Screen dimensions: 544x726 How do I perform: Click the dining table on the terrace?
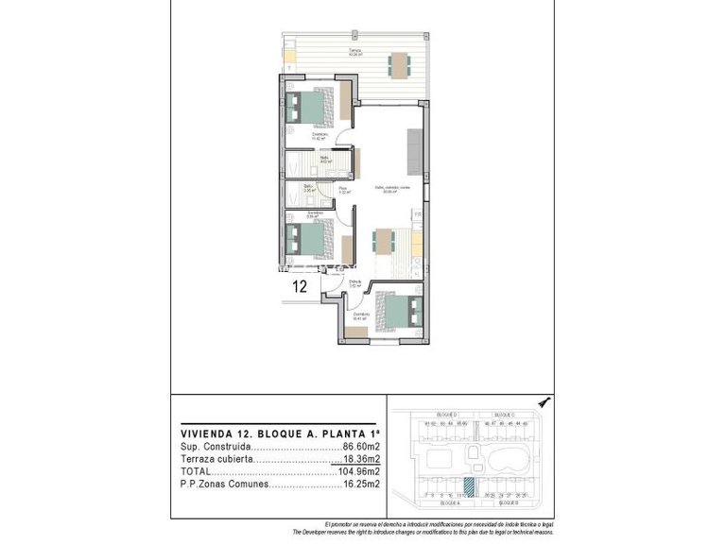pyautogui.click(x=400, y=64)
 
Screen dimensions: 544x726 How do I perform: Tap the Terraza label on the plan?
pyautogui.click(x=354, y=50)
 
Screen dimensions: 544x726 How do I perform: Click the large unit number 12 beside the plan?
pyautogui.click(x=299, y=286)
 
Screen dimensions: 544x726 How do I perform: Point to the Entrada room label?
pyautogui.click(x=355, y=282)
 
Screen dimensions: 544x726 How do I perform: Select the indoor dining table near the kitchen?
pyautogui.click(x=385, y=242)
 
